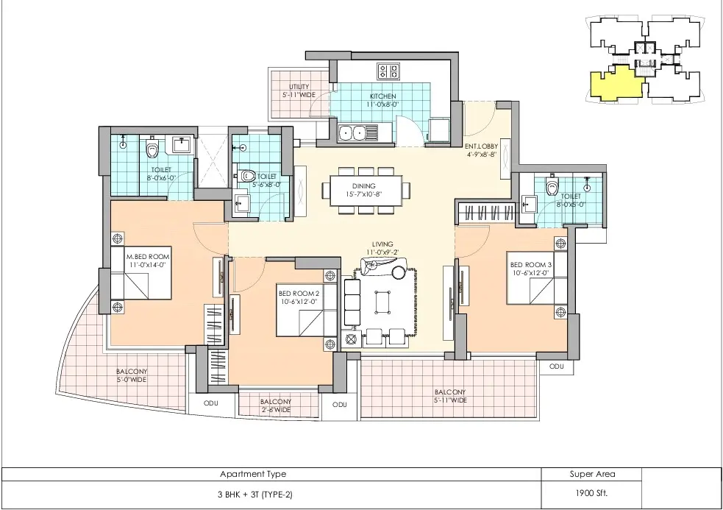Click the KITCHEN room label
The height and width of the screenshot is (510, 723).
[382, 100]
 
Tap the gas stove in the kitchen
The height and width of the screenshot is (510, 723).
[388, 71]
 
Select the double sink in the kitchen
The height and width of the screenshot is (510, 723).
[352, 133]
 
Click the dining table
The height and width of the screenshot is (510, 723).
[364, 190]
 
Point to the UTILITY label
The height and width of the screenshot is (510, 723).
[299, 91]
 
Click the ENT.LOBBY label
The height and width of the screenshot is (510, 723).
[481, 150]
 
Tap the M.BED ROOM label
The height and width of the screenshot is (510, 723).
[148, 261]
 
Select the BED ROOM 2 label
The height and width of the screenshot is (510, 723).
[299, 297]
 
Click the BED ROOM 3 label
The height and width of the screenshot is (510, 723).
[530, 269]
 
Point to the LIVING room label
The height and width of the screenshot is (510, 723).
[382, 248]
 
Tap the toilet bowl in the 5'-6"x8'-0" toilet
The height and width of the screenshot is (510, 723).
[246, 176]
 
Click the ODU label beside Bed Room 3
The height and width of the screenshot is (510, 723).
[557, 366]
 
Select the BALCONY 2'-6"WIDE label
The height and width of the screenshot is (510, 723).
[275, 405]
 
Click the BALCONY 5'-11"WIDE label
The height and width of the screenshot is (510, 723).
[450, 396]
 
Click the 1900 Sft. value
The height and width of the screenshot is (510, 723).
[591, 493]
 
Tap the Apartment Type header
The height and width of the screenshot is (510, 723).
[253, 474]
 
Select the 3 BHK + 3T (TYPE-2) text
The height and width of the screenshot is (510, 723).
[255, 495]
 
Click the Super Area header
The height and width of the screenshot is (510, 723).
[592, 473]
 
